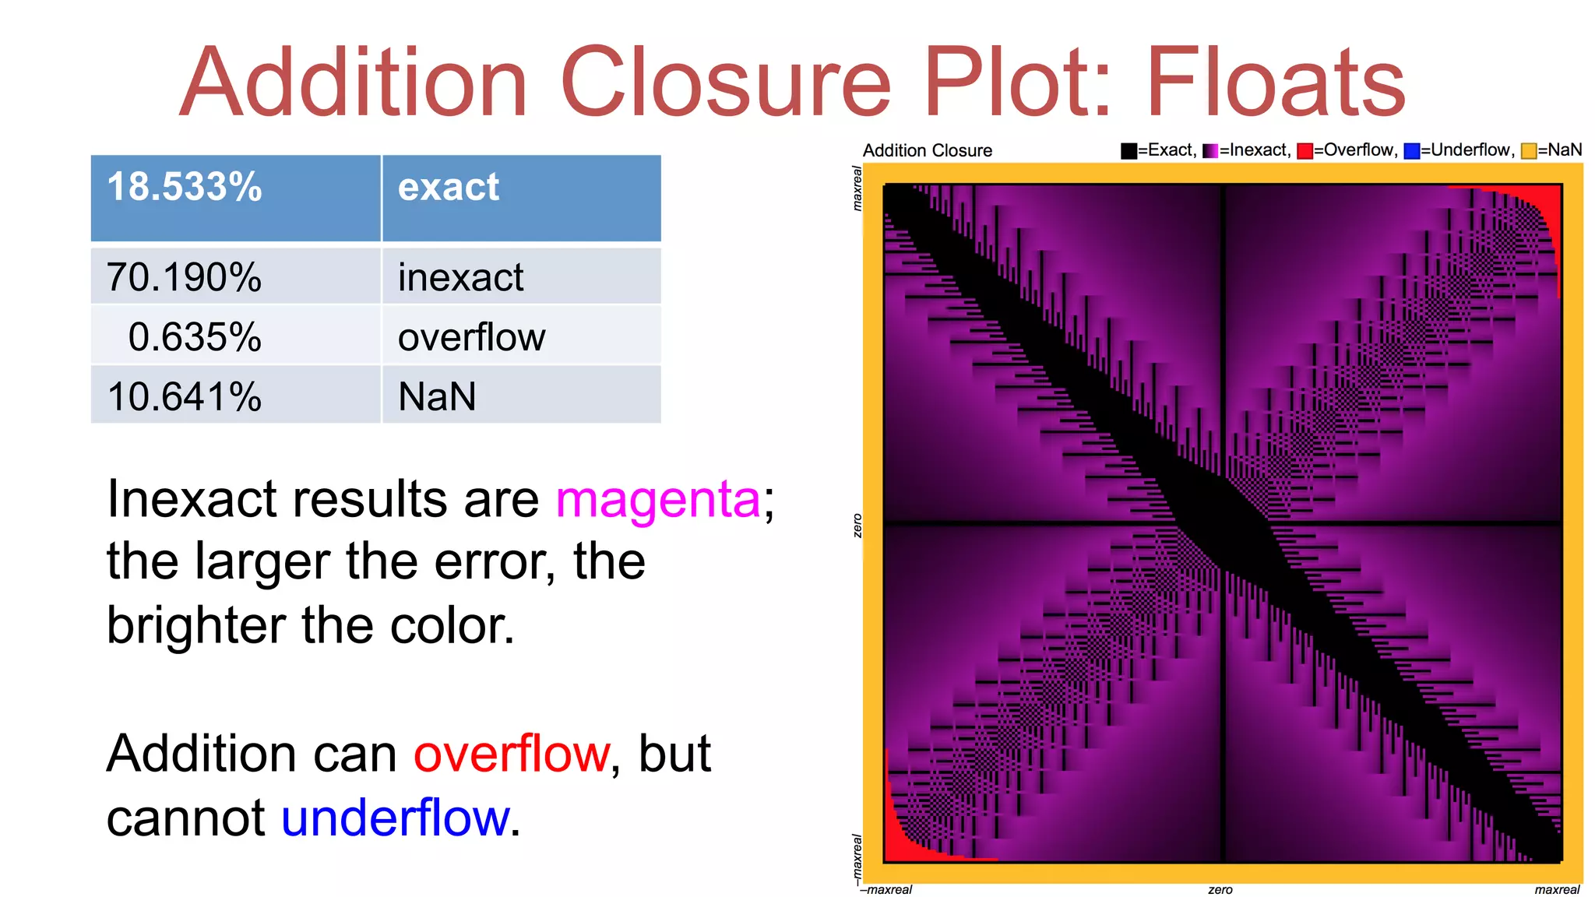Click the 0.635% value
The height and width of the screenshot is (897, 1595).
[x=195, y=337]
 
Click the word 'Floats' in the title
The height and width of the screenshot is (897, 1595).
[x=1275, y=83]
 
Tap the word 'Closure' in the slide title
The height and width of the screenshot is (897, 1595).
[x=724, y=83]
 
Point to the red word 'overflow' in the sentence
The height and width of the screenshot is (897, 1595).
[x=512, y=754]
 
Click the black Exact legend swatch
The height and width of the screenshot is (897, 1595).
[x=1128, y=151]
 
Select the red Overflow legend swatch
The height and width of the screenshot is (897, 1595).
[x=1305, y=151]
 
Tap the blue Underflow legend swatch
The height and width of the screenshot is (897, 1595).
[x=1411, y=151]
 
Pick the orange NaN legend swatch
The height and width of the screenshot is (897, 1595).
[x=1529, y=151]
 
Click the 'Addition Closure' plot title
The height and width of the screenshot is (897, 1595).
[x=928, y=150]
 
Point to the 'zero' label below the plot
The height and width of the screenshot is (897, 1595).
[x=1220, y=889]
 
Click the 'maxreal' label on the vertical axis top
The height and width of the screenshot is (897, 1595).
[x=857, y=188]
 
